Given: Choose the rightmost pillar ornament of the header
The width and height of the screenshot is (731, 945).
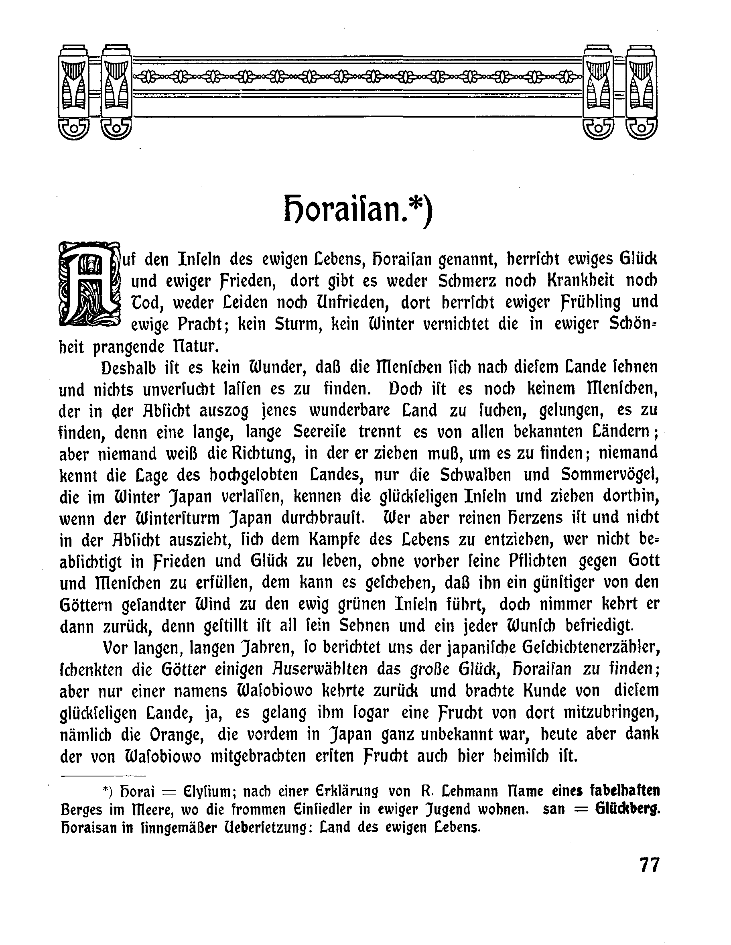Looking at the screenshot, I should pyautogui.click(x=642, y=91).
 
